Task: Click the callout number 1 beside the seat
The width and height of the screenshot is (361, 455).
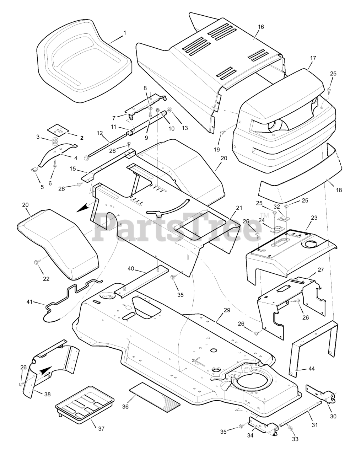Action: [x=125, y=33]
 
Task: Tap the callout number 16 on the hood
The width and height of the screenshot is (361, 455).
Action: [x=261, y=27]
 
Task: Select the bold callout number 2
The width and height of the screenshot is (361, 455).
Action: [x=81, y=138]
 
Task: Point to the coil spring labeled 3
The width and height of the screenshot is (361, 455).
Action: [x=55, y=141]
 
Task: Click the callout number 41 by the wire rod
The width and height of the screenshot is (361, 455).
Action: [x=29, y=302]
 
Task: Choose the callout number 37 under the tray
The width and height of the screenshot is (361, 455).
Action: [x=101, y=428]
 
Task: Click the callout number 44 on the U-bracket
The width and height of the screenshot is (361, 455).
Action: [x=311, y=369]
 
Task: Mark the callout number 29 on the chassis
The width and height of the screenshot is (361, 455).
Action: [x=227, y=310]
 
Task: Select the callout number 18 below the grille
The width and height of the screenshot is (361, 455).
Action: [x=339, y=190]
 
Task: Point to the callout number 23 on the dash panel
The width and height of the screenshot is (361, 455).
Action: [x=313, y=217]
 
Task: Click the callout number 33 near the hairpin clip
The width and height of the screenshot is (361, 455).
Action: [x=295, y=439]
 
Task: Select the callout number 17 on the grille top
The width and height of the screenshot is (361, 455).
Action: [x=313, y=58]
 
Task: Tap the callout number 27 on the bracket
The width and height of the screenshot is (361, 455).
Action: [x=321, y=269]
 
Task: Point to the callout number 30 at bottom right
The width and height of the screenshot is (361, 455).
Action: [x=333, y=416]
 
